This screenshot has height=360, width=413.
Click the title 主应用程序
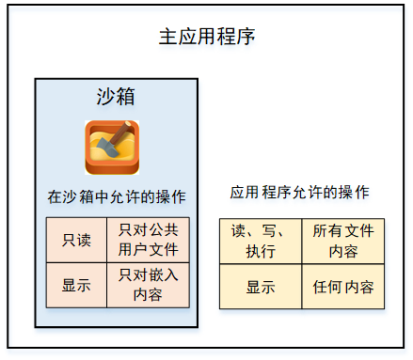tap(206, 38)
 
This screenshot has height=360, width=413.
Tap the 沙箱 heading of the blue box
tap(117, 97)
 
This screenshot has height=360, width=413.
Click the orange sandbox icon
tap(112, 147)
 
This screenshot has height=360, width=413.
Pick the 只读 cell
tap(76, 240)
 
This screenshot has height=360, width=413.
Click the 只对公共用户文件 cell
tap(148, 240)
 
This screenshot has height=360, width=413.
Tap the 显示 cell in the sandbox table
tap(76, 285)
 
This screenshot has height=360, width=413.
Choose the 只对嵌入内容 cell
tap(148, 285)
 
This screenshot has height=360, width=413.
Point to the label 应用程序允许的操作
tap(299, 192)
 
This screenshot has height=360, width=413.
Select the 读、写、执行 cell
tap(260, 241)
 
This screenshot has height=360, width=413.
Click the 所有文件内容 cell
tap(342, 241)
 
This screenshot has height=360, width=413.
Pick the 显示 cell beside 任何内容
tap(260, 287)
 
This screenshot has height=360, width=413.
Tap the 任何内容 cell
tap(342, 287)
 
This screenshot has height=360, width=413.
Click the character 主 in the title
tap(166, 38)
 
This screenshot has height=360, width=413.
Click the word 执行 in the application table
tap(261, 251)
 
